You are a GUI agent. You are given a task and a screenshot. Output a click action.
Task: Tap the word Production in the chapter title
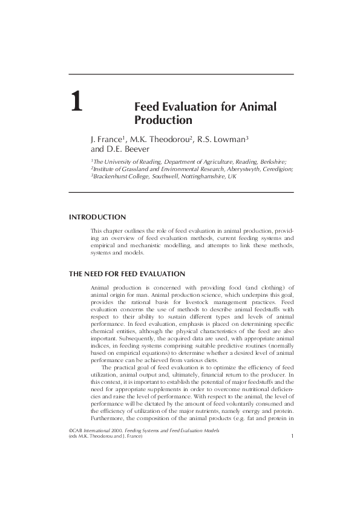click(158, 120)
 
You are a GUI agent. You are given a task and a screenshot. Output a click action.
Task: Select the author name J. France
click(106, 140)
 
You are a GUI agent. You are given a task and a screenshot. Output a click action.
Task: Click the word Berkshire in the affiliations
click(273, 162)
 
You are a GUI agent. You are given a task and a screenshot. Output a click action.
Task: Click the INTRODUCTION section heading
click(97, 216)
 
